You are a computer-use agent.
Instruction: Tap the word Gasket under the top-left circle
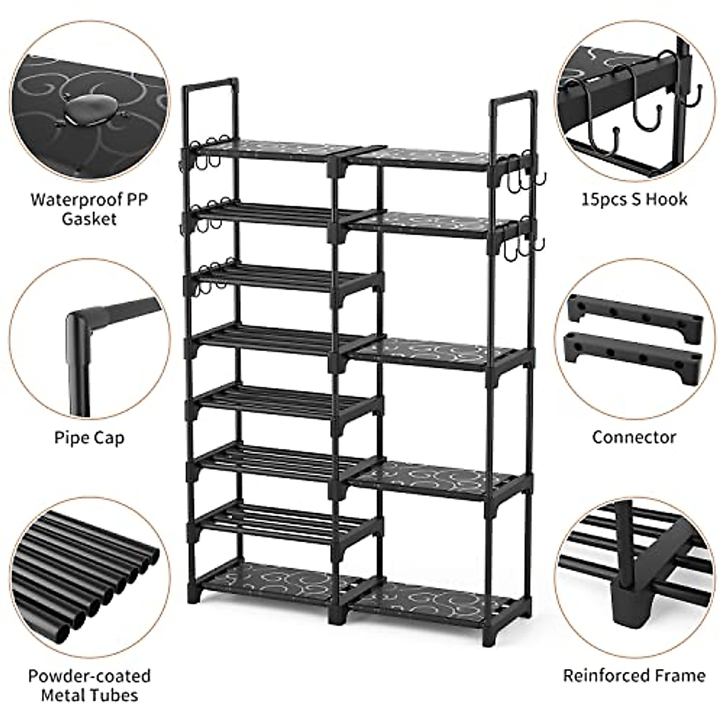pyautogui.click(x=89, y=218)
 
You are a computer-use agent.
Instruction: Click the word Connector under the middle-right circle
pyautogui.click(x=634, y=437)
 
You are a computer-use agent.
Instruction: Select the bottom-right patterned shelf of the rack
pyautogui.click(x=434, y=597)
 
